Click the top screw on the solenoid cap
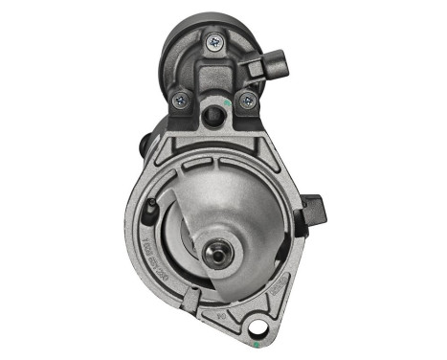click(x=212, y=40)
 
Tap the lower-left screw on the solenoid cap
click(x=178, y=98)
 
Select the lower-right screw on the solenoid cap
click(x=247, y=99)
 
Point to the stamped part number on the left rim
click(x=146, y=234)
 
